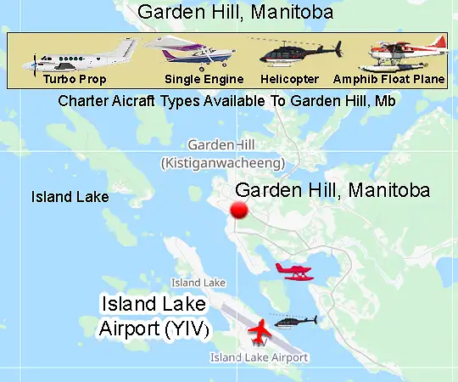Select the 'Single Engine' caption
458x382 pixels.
click(x=204, y=79)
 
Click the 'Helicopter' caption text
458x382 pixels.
click(x=291, y=79)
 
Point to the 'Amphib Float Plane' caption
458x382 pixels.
click(x=389, y=79)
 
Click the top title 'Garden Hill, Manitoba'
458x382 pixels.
click(x=234, y=13)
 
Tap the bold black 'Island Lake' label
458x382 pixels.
click(x=70, y=197)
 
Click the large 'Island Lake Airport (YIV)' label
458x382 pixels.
click(x=153, y=316)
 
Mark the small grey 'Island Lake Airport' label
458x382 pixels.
click(x=259, y=357)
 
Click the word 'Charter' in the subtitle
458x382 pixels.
click(x=82, y=101)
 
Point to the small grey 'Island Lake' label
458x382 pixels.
click(x=198, y=282)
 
